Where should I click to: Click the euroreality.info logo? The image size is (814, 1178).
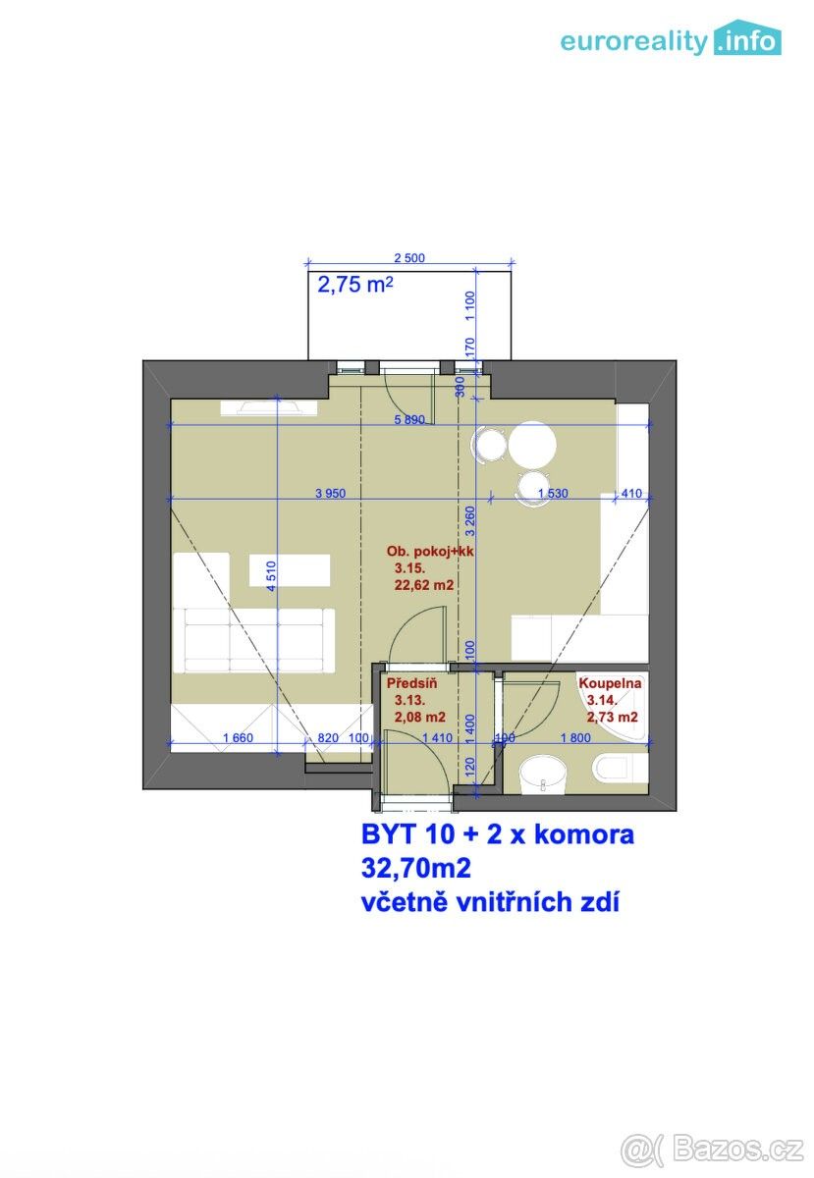pos(671,40)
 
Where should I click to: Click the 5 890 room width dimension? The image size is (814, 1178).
pos(408,419)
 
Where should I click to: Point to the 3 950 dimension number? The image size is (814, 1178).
pos(331,494)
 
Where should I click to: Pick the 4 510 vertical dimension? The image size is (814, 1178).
pos(273,574)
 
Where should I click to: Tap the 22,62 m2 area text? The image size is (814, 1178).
pos(423,585)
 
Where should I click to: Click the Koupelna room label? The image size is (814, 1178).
pos(610,683)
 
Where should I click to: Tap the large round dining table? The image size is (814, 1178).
pos(532,446)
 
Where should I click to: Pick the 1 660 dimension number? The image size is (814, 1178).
pos(240,737)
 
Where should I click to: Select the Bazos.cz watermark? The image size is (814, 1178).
pos(715,1147)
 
